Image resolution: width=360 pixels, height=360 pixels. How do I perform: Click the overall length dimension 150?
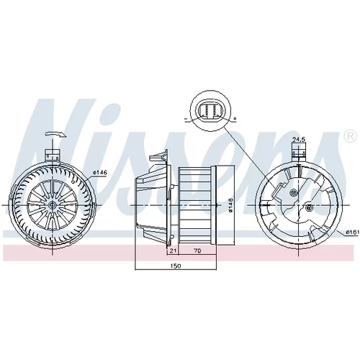point(175,266)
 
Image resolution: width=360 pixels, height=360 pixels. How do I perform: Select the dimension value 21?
point(173,251)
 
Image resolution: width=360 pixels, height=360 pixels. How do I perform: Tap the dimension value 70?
point(197,251)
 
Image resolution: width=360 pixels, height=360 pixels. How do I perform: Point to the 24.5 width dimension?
point(299,139)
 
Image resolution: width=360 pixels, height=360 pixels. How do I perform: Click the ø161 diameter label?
point(354,232)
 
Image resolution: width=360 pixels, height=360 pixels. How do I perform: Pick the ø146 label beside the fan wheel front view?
point(100,172)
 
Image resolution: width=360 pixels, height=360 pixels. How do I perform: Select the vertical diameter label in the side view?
point(230,205)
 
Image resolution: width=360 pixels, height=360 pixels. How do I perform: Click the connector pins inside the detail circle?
point(211,111)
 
